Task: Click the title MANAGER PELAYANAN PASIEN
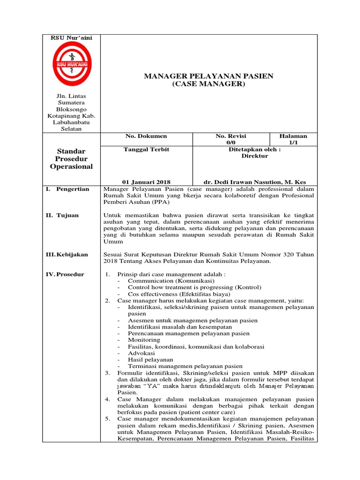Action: click(x=208, y=76)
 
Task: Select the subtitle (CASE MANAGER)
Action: click(x=208, y=84)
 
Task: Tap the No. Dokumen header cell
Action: click(x=146, y=136)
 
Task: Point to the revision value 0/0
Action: click(x=231, y=142)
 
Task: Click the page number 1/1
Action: click(x=293, y=142)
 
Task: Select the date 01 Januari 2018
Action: click(x=146, y=182)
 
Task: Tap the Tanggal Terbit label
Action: click(x=146, y=149)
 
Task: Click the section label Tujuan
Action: click(x=68, y=215)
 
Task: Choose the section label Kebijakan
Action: click(x=72, y=254)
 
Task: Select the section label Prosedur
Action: click(x=70, y=274)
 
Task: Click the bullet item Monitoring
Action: click(x=144, y=340)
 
